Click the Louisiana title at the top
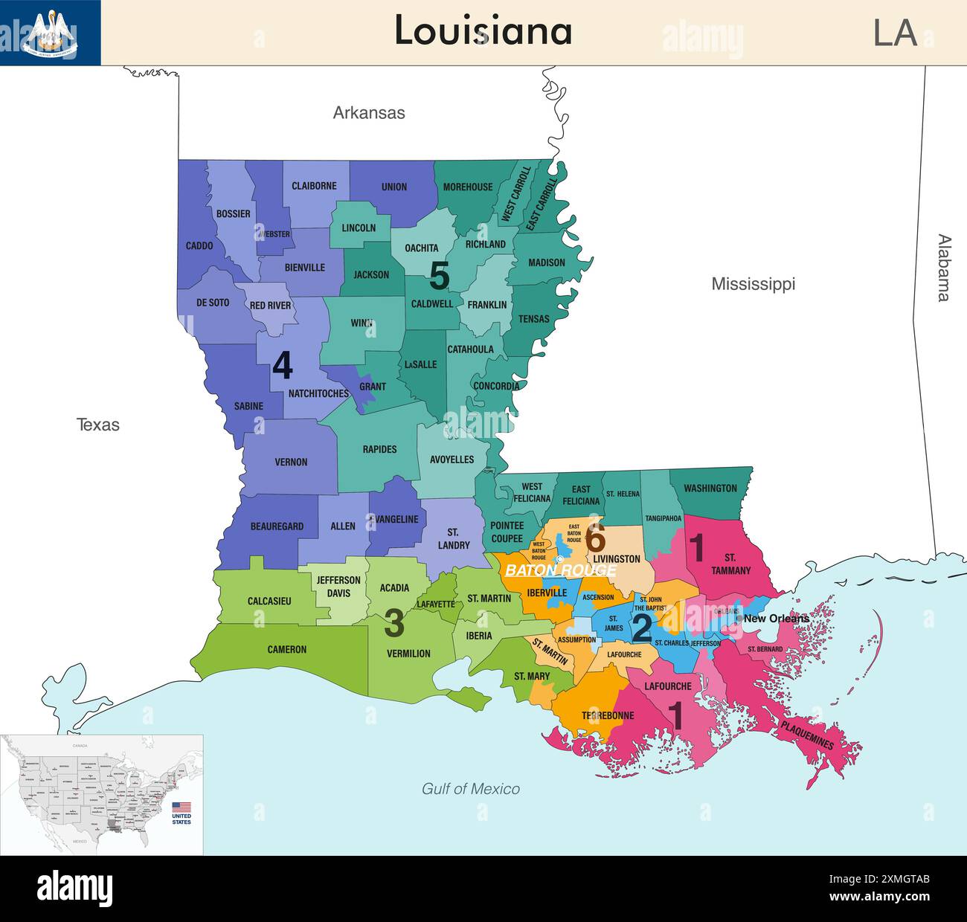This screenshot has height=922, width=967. [x=483, y=31]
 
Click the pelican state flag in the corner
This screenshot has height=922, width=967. [x=50, y=33]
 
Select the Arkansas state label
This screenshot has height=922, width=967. [x=369, y=113]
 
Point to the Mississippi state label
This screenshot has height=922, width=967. [x=753, y=284]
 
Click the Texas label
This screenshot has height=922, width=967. [x=97, y=425]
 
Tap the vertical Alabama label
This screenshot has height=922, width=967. [x=943, y=268]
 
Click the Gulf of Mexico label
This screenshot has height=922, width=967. [x=471, y=789]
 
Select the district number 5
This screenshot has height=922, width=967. [x=440, y=276]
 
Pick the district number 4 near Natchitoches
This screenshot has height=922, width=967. [x=282, y=365]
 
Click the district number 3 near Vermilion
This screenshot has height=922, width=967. [x=393, y=624]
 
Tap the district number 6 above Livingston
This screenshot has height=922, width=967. [x=595, y=537]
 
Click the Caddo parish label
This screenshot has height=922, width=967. [x=199, y=245]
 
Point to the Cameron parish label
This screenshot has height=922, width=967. [x=286, y=650]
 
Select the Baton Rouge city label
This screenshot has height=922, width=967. [x=561, y=570]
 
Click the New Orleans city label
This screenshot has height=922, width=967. [x=776, y=619]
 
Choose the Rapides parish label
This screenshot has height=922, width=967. [x=379, y=449]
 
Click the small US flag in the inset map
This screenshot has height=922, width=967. [x=181, y=807]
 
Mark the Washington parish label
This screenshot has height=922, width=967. [x=710, y=489]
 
